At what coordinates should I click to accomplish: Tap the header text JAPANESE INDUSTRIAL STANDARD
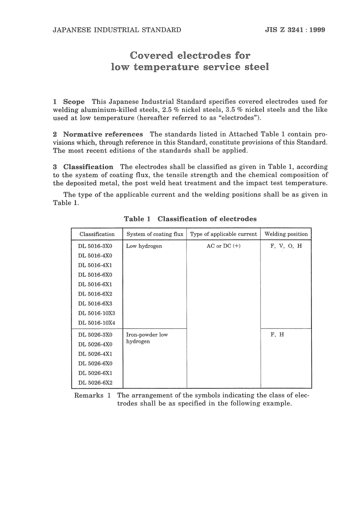point(117,30)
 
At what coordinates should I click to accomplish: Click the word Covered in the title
point(151,55)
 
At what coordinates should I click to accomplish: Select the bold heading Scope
point(74,102)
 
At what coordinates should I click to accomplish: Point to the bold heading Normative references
point(103,134)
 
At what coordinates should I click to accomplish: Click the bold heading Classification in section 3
point(88,167)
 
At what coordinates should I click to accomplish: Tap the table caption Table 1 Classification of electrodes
point(190,219)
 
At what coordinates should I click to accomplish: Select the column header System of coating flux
point(155,234)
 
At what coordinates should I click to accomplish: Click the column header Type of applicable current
point(224,234)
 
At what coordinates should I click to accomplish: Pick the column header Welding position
point(286,234)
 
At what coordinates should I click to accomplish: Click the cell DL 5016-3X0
point(95,246)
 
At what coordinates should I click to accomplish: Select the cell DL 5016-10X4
point(97,323)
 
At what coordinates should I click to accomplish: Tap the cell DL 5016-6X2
point(95,294)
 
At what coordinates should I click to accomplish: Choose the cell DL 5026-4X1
point(95,354)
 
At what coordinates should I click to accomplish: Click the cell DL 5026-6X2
point(95,383)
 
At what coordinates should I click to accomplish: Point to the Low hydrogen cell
point(144,246)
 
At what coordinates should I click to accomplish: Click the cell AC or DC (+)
point(224,246)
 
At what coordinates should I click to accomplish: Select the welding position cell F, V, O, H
point(286,246)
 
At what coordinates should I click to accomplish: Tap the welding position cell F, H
point(277,335)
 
